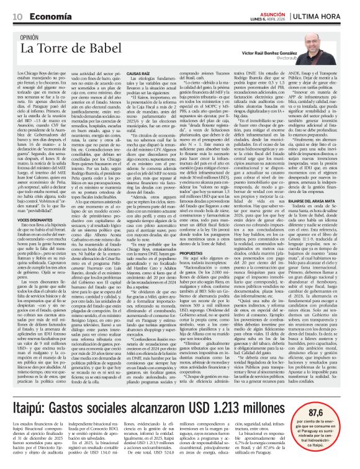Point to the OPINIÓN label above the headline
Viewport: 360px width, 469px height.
[35, 37]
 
